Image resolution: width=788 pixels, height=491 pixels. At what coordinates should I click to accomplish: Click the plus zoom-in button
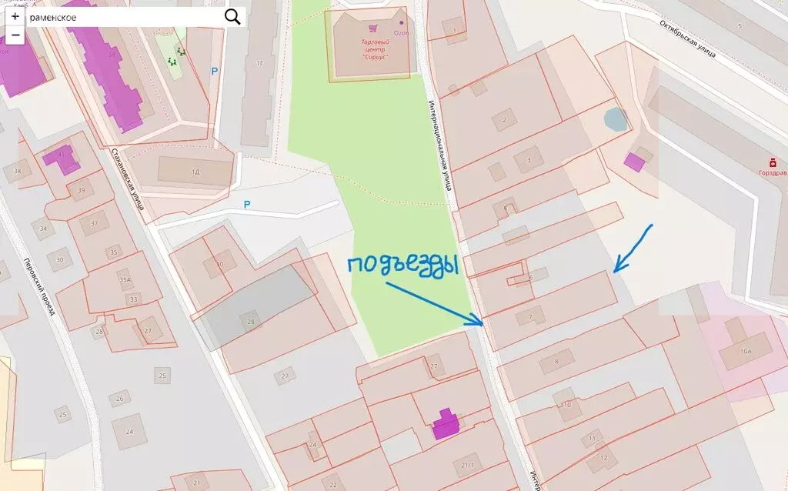pyautogui.click(x=15, y=16)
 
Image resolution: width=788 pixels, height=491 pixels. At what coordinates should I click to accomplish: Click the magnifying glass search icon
pyautogui.click(x=232, y=17)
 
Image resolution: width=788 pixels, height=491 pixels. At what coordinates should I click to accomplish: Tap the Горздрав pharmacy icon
pyautogui.click(x=772, y=162)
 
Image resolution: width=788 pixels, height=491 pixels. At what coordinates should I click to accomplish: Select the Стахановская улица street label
pyautogui.click(x=128, y=179)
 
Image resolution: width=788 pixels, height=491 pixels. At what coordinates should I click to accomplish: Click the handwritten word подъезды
pyautogui.click(x=402, y=266)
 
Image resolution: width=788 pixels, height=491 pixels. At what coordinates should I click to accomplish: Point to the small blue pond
pyautogui.click(x=616, y=119)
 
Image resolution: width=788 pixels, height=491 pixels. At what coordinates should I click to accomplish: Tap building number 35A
pyautogui.click(x=125, y=281)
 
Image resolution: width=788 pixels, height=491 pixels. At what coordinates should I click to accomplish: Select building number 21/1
pyautogui.click(x=468, y=466)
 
